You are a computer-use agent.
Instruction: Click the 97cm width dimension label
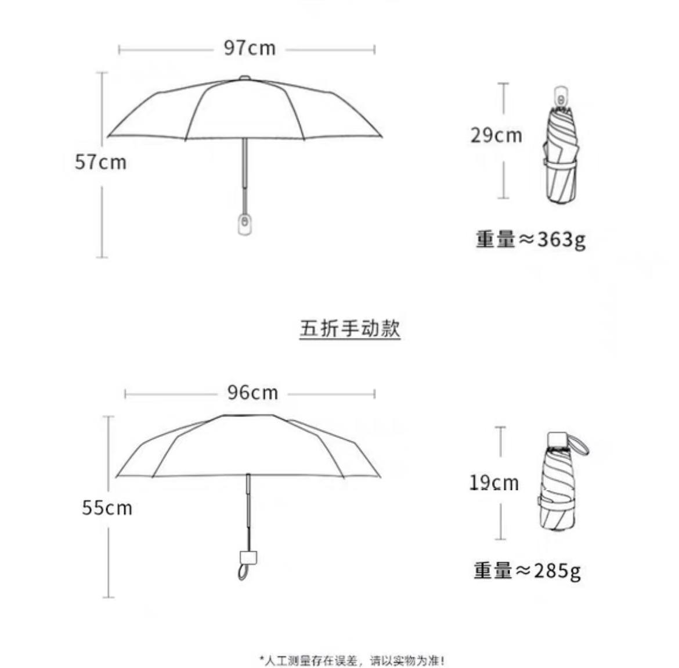250,48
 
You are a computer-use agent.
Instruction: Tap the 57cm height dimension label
100,162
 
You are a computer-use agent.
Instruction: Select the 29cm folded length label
496,135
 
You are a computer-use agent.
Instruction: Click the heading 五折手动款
350,328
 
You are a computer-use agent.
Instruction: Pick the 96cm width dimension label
253,393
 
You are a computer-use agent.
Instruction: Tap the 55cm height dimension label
107,508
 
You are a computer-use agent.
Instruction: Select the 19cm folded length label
494,483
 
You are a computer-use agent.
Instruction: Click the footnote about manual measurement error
352,660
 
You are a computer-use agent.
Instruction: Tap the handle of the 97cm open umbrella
245,224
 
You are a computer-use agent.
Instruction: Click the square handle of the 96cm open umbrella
248,558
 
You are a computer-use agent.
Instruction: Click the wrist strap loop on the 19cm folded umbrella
580,444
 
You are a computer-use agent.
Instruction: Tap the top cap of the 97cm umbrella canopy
245,78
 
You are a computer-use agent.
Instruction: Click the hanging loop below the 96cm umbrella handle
244,572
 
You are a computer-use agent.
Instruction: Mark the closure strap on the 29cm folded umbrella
561,163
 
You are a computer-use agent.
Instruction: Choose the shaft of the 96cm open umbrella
248,512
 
